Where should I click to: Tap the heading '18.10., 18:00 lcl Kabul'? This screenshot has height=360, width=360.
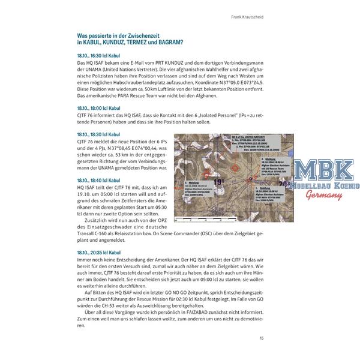pos(100,107)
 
